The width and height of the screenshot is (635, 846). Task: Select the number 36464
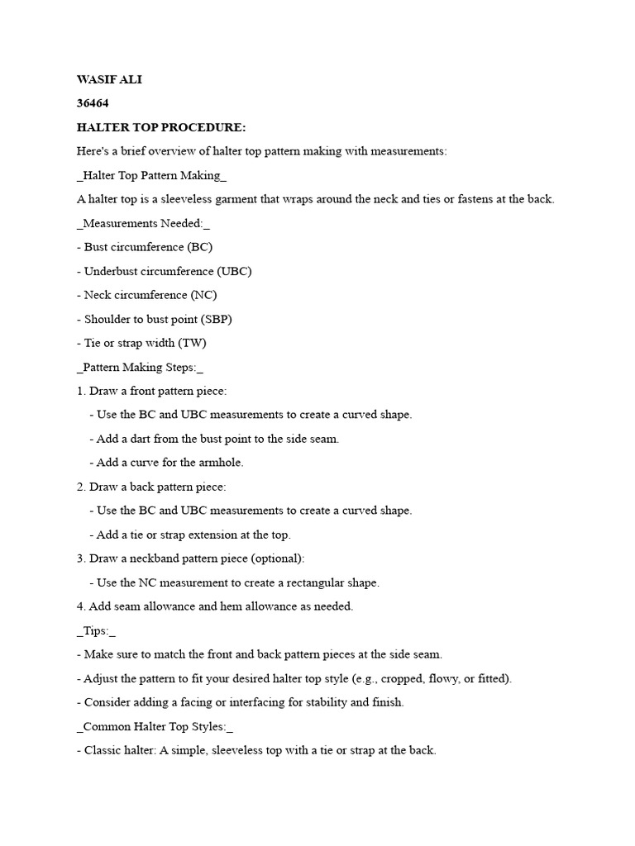[93, 104]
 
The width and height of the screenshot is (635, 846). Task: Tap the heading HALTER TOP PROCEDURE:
[161, 128]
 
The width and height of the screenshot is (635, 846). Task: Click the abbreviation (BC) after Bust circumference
[200, 247]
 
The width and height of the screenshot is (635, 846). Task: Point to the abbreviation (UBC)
[235, 271]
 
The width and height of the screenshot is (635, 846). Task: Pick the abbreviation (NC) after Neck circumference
[203, 295]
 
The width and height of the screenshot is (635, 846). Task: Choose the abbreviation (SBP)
[216, 319]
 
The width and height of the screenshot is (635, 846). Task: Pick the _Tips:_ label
[96, 630]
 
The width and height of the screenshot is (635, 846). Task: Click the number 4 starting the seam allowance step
[80, 606]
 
